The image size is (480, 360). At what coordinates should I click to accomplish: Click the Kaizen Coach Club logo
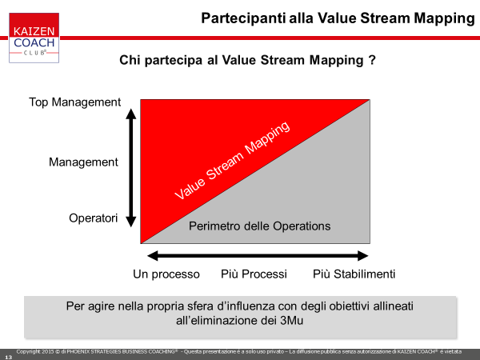[x=34, y=38]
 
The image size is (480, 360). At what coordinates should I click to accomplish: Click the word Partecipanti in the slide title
[x=243, y=18]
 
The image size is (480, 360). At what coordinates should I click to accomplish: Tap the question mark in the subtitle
[x=372, y=60]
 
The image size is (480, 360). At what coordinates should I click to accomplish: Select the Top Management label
[x=74, y=102]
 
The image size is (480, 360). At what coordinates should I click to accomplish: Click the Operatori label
[x=94, y=218]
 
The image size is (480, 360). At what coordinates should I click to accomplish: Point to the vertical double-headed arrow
[x=131, y=168]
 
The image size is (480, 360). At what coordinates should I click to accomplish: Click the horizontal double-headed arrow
[x=258, y=256]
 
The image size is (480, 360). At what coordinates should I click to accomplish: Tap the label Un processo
[x=166, y=274]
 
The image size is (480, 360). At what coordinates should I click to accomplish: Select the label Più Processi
[x=254, y=274]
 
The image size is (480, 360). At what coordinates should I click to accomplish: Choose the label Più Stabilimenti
[x=354, y=274]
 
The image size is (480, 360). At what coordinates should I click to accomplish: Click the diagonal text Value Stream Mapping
[x=232, y=161]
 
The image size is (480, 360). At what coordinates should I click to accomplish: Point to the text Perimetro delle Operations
[x=259, y=226]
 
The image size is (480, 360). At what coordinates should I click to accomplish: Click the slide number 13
[x=9, y=358]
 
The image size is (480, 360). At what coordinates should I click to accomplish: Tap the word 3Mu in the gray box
[x=292, y=321]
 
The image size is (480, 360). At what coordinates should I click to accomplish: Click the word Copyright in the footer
[x=29, y=352]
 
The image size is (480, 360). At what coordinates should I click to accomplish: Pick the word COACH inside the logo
[x=34, y=42]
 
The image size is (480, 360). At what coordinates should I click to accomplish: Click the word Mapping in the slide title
[x=444, y=18]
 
